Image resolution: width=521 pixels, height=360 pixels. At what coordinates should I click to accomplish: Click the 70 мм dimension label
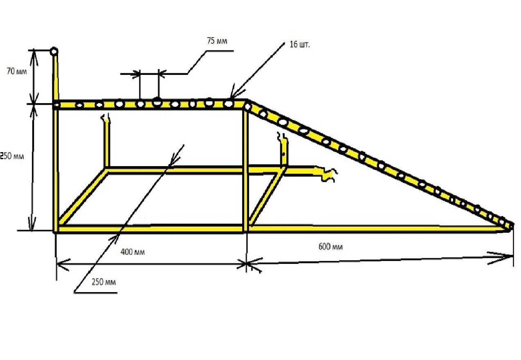point(17,71)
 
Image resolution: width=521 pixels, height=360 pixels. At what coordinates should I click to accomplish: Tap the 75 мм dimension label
point(217,41)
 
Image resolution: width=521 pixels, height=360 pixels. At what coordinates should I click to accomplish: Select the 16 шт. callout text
point(300,45)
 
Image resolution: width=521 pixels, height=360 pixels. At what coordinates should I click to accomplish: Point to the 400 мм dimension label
point(132,252)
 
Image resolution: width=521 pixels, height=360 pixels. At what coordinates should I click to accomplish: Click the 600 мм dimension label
point(330,246)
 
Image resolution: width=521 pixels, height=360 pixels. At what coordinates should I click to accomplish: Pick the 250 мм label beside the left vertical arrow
point(12,156)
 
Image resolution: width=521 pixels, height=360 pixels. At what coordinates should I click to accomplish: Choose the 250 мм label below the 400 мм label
point(104,282)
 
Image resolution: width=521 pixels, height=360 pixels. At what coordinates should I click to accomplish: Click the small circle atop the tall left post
point(54,51)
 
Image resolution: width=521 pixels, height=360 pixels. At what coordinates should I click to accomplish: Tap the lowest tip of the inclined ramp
point(512,226)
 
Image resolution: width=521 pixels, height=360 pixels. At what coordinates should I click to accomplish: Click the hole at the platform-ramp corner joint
point(247,107)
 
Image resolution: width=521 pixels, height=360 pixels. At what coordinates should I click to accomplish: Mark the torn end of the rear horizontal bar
point(328,173)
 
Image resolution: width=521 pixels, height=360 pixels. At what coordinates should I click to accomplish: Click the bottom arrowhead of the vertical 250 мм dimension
point(32,225)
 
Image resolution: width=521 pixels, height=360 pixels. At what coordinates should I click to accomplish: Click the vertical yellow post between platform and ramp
point(245,169)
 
